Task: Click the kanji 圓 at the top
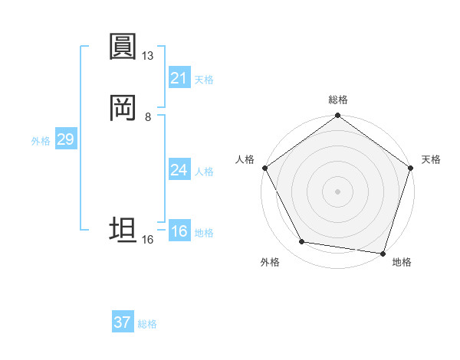click(123, 47)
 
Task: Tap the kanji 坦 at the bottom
click(123, 230)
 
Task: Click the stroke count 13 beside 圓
click(148, 56)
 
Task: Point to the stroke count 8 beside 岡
click(148, 117)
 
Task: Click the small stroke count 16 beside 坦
click(148, 240)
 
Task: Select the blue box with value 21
click(179, 78)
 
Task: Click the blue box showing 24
click(179, 170)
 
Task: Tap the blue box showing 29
click(65, 139)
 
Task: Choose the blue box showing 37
click(123, 322)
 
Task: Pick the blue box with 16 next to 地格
click(179, 231)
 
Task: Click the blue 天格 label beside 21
click(204, 80)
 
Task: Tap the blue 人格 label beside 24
click(204, 172)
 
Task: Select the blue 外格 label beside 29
click(41, 141)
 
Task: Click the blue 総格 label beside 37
click(147, 324)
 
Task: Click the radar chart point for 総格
click(337, 116)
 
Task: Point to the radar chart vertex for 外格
click(302, 242)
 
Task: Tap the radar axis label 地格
click(402, 262)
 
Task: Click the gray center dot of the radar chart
click(337, 191)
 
